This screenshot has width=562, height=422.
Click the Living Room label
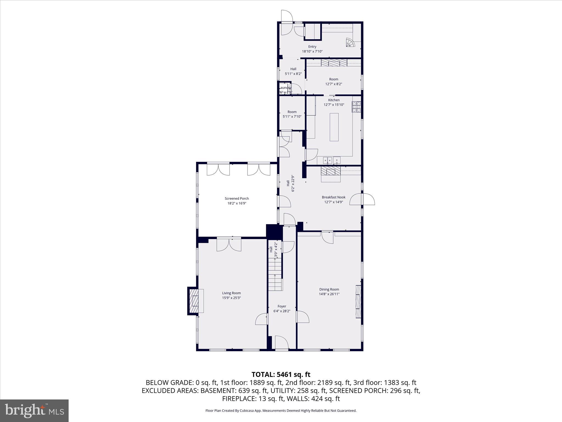coord(231,293)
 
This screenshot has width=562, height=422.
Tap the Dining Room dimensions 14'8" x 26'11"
coord(329,294)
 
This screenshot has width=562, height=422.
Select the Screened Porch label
coord(237,198)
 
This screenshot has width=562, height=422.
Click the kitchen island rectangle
coord(334,127)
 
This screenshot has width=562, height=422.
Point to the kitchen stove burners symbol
coord(356,107)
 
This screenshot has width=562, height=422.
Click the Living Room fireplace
coord(194,301)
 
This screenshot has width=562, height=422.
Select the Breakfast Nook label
coord(333,197)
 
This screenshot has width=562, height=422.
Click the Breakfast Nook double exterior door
coord(362,199)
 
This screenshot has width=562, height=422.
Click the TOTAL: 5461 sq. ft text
coord(281,374)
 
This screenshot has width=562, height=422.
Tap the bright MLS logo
coord(34,410)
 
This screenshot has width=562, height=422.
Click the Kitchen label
coord(334,100)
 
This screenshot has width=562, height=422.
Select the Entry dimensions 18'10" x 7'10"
coord(312,51)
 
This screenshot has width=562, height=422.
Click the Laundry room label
coord(285,88)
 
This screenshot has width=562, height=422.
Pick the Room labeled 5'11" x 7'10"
coord(292,114)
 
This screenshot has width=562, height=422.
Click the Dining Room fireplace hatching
coord(358,302)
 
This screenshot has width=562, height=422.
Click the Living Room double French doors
coord(229,245)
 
